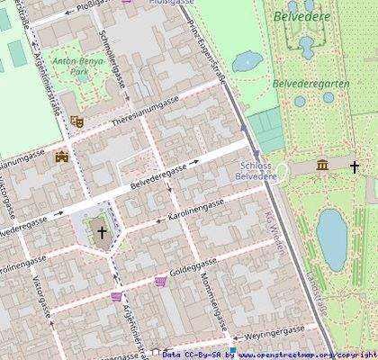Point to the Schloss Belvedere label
coord(257,171)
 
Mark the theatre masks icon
coord(76,121)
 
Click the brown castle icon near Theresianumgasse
coord(61,157)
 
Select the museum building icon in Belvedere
coord(322,165)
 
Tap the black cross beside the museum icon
coord(354,166)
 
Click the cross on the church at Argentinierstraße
coord(101,232)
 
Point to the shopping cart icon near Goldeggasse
coord(160,282)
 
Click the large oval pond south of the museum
coord(331,238)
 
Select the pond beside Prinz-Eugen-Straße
coord(247,61)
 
